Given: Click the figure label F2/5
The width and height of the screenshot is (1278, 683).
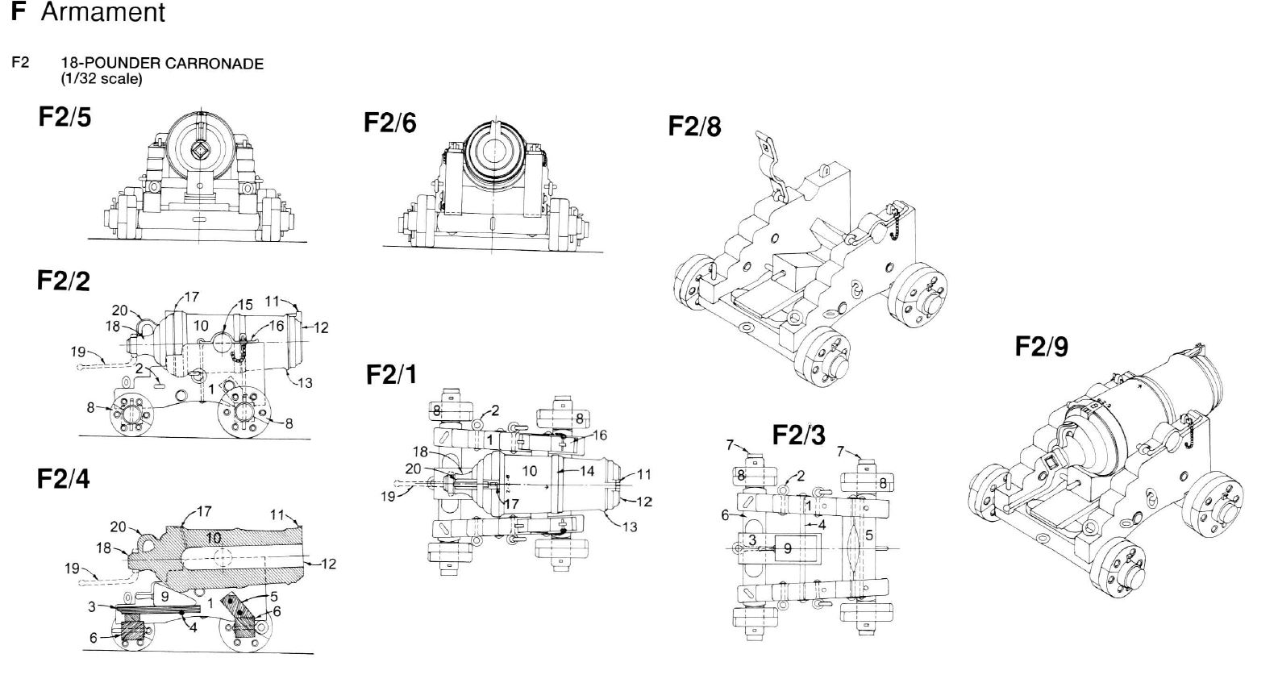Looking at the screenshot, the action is point(65,117).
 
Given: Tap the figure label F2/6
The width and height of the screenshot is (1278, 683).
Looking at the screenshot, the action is point(390,123).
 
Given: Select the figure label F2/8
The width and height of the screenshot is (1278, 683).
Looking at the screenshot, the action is point(695,126).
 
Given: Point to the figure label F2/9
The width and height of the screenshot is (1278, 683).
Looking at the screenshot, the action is point(1041,347).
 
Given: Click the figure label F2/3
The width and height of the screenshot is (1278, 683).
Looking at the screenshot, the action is point(799,435).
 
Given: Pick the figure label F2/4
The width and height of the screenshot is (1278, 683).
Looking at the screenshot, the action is point(64,479).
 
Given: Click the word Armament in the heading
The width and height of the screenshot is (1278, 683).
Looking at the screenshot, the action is point(103,12).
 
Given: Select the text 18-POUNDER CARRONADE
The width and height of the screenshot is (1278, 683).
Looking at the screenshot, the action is point(163,64).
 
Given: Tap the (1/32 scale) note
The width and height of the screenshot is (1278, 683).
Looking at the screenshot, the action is point(102,79).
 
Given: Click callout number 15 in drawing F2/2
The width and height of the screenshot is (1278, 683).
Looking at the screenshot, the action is point(245,305).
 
